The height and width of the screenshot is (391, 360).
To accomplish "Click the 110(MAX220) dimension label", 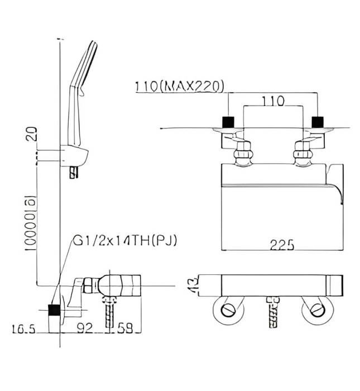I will point(179,87).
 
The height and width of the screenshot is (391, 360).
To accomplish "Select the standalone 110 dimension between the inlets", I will point(273,101).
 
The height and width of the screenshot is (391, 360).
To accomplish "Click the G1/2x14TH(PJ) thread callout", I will point(125,241).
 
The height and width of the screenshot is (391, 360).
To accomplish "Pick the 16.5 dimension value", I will point(23,329).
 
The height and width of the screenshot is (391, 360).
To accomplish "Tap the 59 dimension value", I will point(126,329).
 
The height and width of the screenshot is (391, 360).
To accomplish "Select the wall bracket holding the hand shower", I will point(75,155).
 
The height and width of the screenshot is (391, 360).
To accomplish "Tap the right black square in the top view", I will point(318,121).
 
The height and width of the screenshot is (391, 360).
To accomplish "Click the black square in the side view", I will point(54,311).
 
